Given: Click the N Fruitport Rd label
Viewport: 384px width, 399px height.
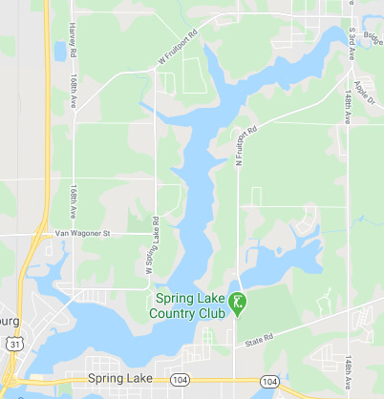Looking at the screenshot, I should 245,149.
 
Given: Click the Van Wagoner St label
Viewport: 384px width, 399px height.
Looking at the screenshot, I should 81,232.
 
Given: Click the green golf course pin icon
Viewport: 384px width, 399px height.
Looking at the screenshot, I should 238,304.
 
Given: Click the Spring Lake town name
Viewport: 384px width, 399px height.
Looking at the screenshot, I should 118,379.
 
